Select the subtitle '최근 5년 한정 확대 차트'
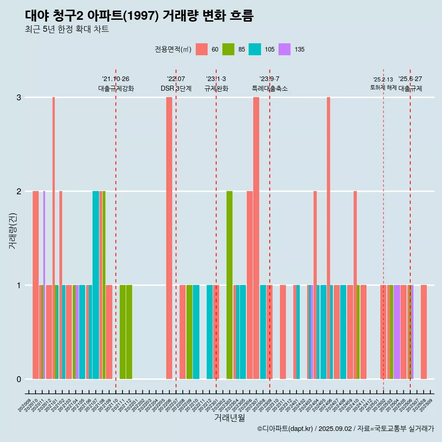[67, 29]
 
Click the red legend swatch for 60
[202, 49]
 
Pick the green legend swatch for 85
[228, 49]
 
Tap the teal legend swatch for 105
[255, 49]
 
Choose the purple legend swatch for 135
[285, 49]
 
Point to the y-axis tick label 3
[19, 98]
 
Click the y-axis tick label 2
[19, 192]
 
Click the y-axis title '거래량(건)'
[12, 231]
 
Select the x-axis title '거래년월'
[229, 418]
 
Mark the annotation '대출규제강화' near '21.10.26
[116, 88]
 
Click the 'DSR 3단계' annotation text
[176, 88]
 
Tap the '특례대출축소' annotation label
[270, 88]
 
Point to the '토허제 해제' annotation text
[383, 87]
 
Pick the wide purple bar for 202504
[396, 332]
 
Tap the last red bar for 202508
[424, 332]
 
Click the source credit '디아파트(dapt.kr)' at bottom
[285, 429]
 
